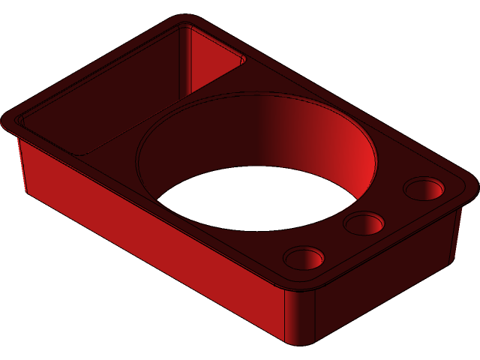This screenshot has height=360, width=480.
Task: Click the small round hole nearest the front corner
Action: tap(304, 257)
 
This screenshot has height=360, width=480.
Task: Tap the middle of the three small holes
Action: tap(365, 223)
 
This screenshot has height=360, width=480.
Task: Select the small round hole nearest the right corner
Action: tap(424, 187)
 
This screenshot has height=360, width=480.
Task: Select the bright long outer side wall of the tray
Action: tap(150, 240)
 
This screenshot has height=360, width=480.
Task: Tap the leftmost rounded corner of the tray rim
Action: tap(10, 121)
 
